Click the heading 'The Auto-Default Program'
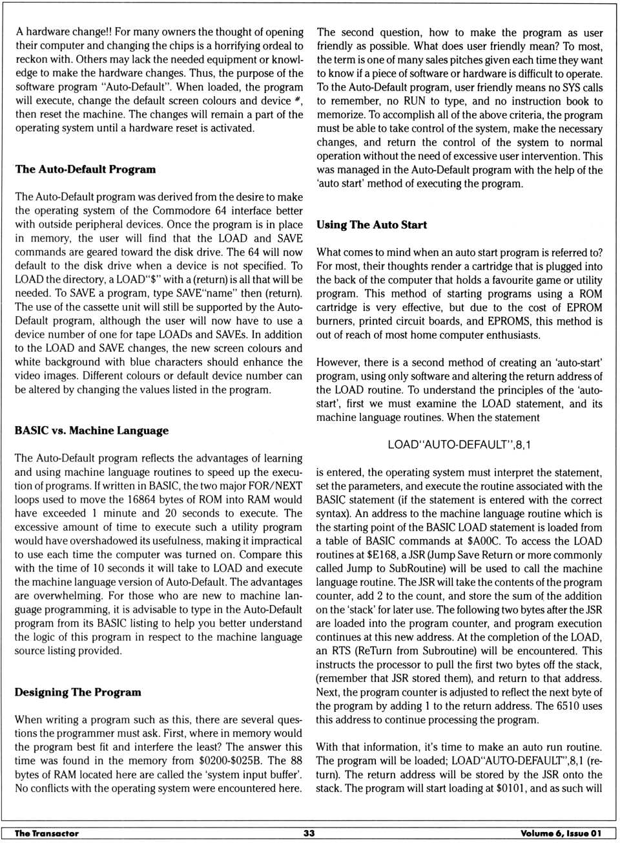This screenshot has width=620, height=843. [x=85, y=169]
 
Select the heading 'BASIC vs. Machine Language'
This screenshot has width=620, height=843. [x=92, y=431]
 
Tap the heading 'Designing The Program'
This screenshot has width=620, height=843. [x=78, y=692]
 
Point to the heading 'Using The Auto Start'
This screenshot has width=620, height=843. [x=371, y=225]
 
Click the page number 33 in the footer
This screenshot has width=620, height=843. [x=309, y=833]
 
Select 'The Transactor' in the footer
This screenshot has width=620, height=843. [x=46, y=833]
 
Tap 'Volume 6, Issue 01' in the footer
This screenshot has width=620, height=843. [x=561, y=833]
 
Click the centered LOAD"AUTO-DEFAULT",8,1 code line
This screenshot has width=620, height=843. [x=459, y=445]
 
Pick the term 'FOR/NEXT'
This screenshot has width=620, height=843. [x=279, y=486]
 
